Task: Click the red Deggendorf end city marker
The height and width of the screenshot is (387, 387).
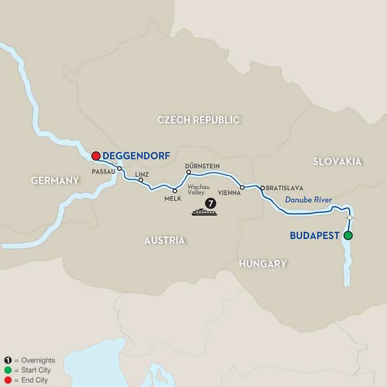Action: click(95, 156)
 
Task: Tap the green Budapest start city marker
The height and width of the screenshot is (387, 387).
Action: click(348, 235)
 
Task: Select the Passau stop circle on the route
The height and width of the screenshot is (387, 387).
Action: click(120, 169)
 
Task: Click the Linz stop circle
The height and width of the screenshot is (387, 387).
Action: click(141, 180)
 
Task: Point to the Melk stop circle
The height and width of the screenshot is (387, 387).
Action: click(175, 190)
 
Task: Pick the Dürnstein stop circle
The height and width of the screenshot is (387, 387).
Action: click(188, 172)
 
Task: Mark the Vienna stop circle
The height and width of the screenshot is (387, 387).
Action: click(243, 187)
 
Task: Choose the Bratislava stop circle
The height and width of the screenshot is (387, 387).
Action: click(262, 188)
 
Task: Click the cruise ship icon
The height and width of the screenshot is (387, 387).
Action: click(204, 212)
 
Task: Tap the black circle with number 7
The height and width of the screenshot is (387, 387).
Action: click(211, 202)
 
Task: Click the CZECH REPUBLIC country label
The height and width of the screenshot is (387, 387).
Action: click(198, 120)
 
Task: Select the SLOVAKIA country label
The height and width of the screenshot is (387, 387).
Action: click(338, 162)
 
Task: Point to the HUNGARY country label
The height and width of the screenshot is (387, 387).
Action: click(263, 264)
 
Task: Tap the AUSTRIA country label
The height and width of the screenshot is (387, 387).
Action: click(165, 240)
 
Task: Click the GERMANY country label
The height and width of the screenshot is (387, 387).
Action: click(55, 181)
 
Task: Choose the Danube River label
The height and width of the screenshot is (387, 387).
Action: click(309, 200)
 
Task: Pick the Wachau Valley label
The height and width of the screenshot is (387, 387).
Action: click(198, 190)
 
